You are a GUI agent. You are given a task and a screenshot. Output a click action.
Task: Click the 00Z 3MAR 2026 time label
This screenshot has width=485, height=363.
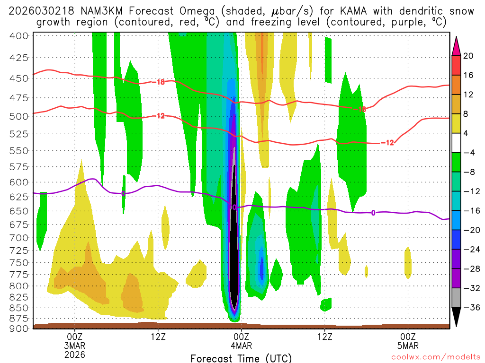pyautogui.click(x=75, y=345)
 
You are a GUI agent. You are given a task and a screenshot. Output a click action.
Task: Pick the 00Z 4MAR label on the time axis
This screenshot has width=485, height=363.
pyautogui.click(x=241, y=340)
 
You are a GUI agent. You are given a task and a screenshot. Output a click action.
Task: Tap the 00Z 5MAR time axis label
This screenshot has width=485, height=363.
pyautogui.click(x=408, y=340)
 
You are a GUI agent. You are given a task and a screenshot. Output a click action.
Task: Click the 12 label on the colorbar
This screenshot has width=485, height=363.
pyautogui.click(x=468, y=95)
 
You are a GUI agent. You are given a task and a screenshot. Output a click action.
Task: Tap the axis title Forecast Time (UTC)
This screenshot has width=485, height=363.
pyautogui.click(x=241, y=358)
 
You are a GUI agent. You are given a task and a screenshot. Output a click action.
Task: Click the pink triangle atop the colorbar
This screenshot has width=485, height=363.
pyautogui.click(x=457, y=46)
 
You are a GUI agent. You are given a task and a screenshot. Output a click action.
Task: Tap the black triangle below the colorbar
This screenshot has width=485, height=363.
pyautogui.click(x=457, y=317)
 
